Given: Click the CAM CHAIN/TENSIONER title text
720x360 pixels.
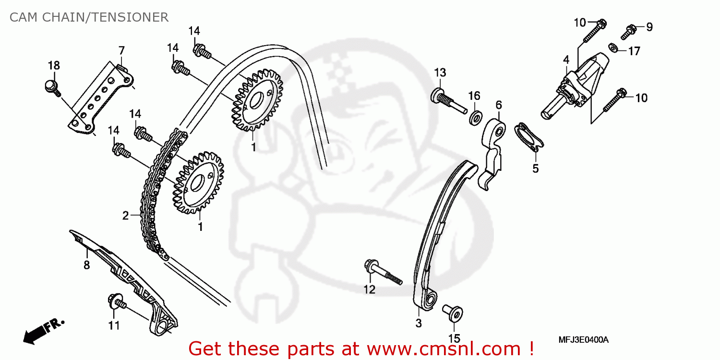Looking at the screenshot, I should click(89, 18).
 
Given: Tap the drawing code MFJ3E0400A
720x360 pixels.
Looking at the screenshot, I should click(583, 340).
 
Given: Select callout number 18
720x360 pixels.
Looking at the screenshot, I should click(54, 66).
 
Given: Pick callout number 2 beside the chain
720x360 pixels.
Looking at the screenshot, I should click(125, 216).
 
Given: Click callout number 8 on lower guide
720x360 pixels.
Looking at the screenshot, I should click(86, 265).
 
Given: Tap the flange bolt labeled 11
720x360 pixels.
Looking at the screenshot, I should click(117, 302).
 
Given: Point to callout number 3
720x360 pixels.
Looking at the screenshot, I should click(419, 323).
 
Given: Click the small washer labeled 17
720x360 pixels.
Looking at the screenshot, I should click(613, 48).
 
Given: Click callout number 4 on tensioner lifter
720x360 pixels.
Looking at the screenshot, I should click(566, 60).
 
